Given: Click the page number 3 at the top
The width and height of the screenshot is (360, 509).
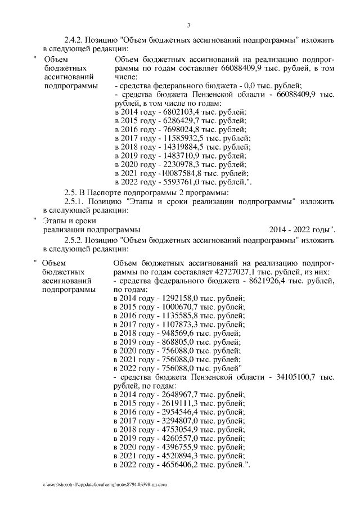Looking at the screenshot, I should coord(189,24).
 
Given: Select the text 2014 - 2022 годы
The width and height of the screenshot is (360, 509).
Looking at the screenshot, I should coord(302,229).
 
